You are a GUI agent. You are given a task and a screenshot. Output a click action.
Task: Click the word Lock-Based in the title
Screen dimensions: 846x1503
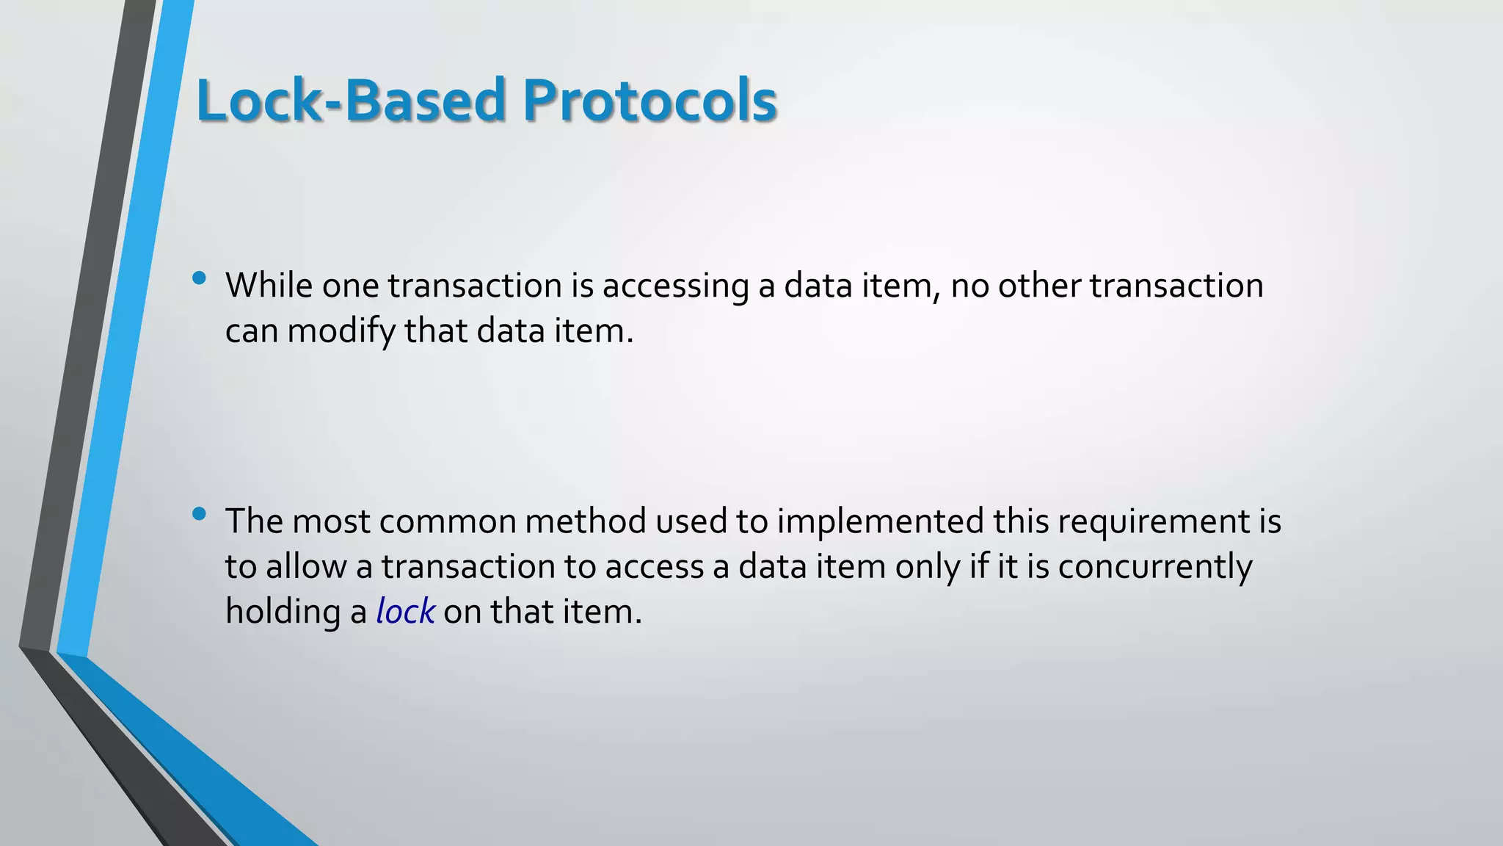tap(351, 100)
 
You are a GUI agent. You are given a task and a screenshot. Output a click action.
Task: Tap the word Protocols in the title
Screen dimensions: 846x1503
tap(649, 100)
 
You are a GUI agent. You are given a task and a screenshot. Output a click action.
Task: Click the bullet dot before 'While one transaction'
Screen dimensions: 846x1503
tap(199, 278)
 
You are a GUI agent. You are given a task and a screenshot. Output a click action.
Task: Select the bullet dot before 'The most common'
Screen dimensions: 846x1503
tap(199, 514)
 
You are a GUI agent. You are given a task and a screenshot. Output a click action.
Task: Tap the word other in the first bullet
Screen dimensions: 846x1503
tap(1038, 286)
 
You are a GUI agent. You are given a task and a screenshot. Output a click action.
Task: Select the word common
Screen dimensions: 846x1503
tap(448, 521)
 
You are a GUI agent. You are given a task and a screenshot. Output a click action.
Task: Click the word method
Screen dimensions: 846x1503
tap(586, 521)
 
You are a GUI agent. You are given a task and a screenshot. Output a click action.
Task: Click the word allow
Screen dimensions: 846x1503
tap(306, 567)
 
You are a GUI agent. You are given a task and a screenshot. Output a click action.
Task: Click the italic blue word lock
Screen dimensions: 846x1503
tap(405, 612)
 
